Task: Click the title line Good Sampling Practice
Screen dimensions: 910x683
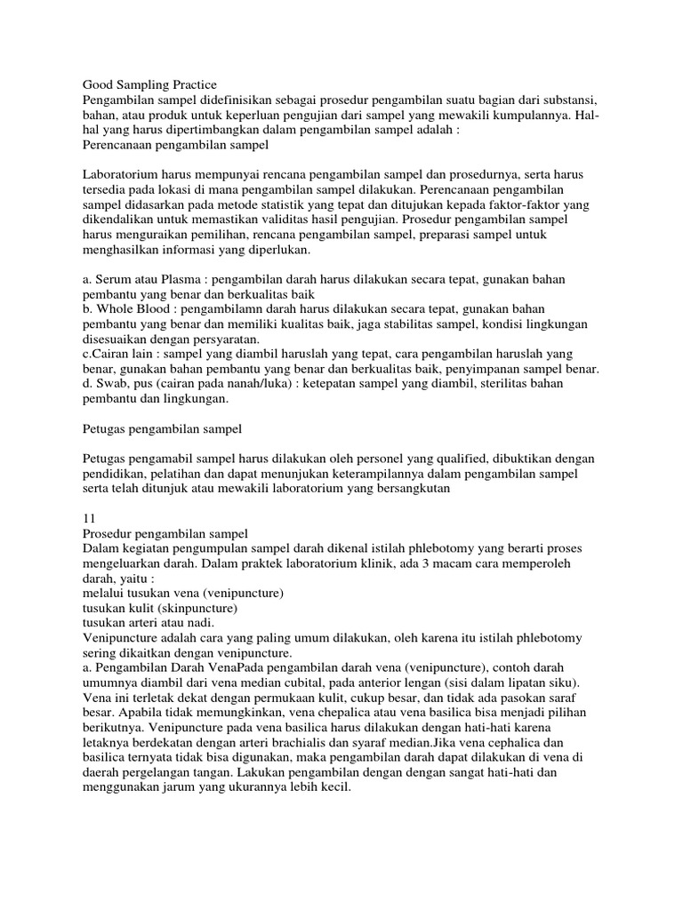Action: click(x=149, y=84)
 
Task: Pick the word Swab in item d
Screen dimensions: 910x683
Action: click(x=110, y=382)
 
